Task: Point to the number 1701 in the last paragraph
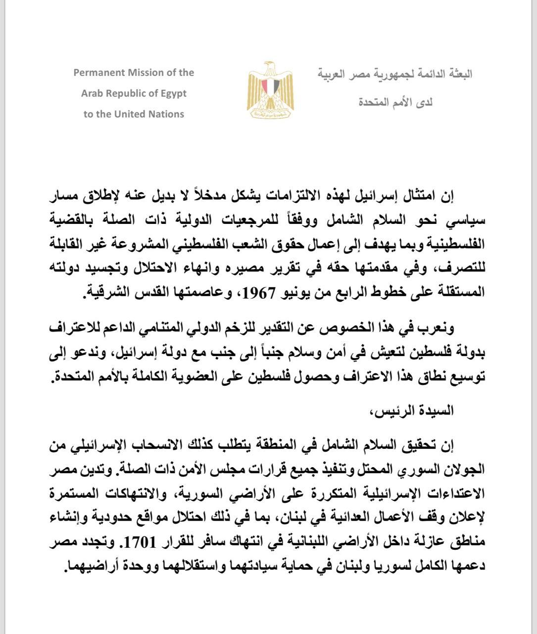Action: tap(170, 542)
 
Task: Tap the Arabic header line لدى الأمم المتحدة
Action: tap(395, 103)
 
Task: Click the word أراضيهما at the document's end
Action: tap(89, 564)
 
